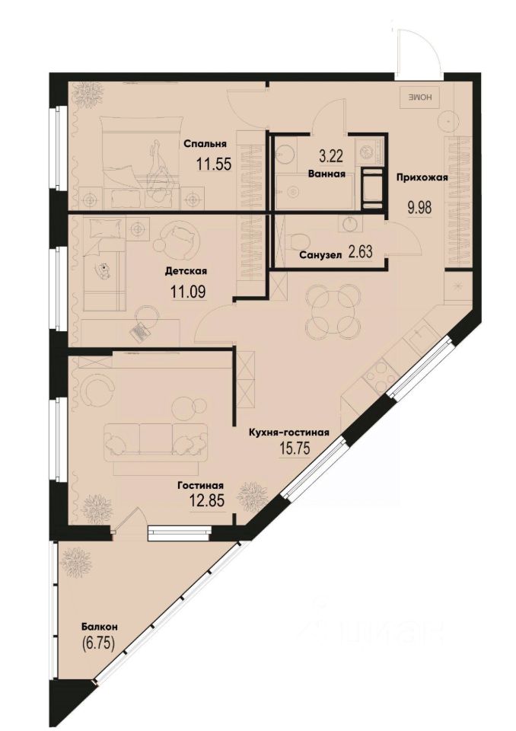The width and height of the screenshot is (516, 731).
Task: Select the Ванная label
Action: (327, 174)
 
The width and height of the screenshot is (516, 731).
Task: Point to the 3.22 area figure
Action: (331, 158)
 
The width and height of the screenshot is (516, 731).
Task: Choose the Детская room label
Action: (186, 271)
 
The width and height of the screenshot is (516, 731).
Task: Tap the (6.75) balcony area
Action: (99, 643)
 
